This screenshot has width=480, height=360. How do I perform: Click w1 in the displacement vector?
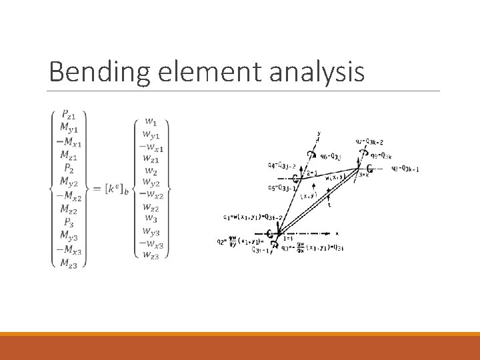151,121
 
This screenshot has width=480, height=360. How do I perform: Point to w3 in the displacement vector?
151,219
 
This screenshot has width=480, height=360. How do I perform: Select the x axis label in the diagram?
337,233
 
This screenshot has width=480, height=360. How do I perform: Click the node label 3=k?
363,175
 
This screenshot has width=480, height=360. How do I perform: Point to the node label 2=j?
311,172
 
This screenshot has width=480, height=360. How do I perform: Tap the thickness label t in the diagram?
329,205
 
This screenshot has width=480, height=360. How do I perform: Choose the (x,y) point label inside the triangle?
308,195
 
